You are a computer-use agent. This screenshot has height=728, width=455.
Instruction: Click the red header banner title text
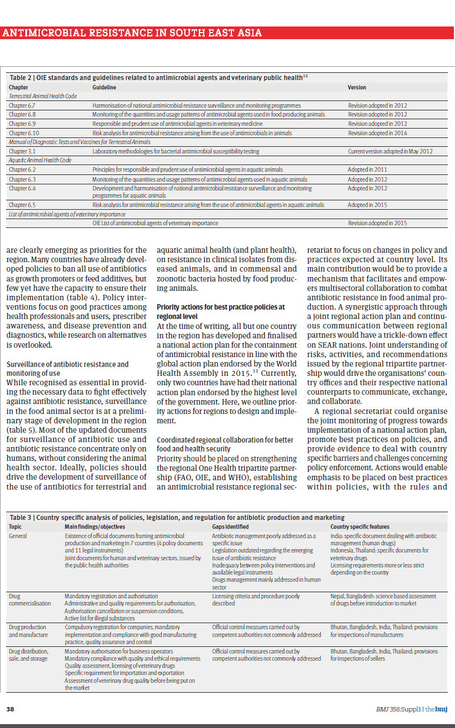click(x=132, y=33)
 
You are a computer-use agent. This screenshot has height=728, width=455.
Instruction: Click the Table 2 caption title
click(x=157, y=78)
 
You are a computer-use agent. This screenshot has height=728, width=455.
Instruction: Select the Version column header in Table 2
click(x=357, y=87)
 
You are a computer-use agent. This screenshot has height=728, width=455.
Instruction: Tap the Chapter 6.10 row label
click(x=23, y=133)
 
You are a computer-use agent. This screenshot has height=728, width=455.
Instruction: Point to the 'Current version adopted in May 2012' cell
click(x=390, y=151)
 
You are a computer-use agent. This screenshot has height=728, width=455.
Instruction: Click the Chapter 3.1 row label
click(x=22, y=151)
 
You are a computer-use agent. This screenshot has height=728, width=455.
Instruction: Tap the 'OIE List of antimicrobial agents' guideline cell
click(x=155, y=223)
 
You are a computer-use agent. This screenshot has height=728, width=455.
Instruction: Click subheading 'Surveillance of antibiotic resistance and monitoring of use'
click(x=67, y=369)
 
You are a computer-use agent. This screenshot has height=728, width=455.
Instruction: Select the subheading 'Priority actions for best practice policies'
click(x=221, y=311)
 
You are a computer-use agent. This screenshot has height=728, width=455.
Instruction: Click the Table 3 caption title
click(x=177, y=517)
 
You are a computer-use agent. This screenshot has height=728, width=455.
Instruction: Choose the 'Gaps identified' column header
click(x=229, y=527)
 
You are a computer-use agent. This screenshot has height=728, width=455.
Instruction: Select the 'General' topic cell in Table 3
click(x=18, y=536)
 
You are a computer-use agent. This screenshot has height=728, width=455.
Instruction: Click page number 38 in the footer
click(x=10, y=709)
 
